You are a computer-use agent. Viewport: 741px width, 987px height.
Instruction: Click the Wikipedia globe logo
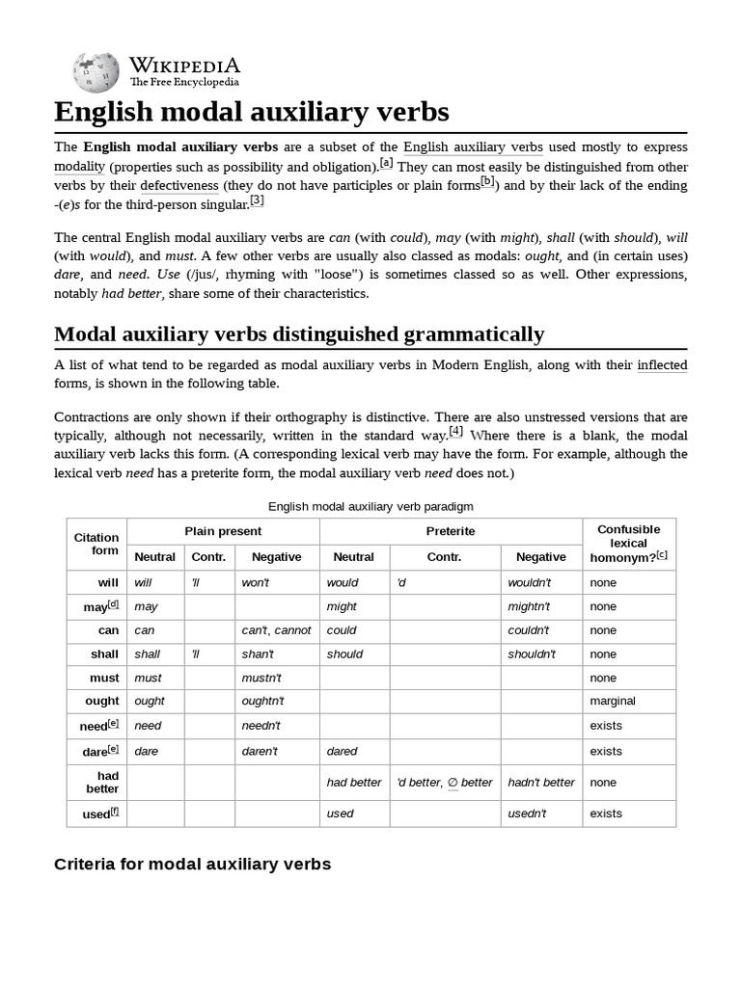click(95, 70)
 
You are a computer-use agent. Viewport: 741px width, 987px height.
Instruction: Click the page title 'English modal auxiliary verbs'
click(252, 112)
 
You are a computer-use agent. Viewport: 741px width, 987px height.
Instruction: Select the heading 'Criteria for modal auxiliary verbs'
click(192, 864)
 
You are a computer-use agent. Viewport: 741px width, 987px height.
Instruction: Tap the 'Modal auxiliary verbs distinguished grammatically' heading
click(299, 334)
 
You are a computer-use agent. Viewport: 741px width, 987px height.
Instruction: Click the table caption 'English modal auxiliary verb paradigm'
click(370, 506)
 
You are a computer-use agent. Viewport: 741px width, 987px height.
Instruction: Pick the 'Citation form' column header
click(96, 544)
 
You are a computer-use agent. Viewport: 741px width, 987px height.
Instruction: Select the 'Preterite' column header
click(451, 531)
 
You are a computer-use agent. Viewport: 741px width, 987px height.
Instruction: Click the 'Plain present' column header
click(223, 531)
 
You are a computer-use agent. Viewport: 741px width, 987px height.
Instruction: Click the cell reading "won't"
click(257, 582)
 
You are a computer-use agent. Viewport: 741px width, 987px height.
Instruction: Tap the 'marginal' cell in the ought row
click(613, 701)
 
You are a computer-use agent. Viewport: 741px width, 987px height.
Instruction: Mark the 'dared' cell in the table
click(343, 751)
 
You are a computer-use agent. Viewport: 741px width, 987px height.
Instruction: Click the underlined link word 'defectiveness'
click(178, 185)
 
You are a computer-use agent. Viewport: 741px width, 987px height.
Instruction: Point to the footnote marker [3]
click(257, 200)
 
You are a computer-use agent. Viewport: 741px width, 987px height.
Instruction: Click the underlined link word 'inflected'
click(662, 365)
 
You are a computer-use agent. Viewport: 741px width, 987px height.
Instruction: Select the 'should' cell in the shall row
click(345, 654)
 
